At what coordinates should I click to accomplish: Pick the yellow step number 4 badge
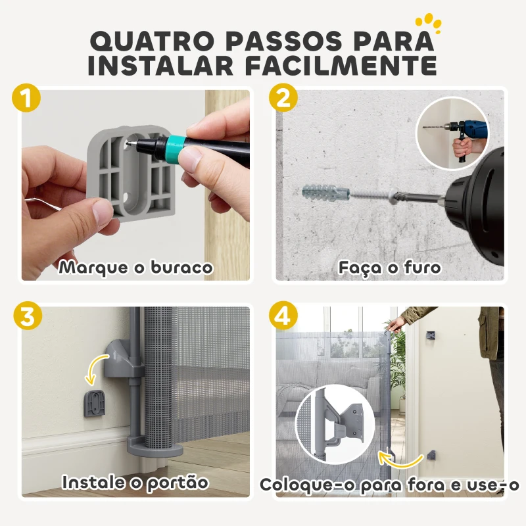[283, 316]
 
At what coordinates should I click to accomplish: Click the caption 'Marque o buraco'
[135, 268]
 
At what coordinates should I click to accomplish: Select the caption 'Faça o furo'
[389, 268]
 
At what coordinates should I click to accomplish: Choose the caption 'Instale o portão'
[135, 482]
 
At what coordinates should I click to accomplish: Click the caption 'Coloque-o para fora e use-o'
[389, 485]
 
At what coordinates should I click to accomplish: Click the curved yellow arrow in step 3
[97, 367]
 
